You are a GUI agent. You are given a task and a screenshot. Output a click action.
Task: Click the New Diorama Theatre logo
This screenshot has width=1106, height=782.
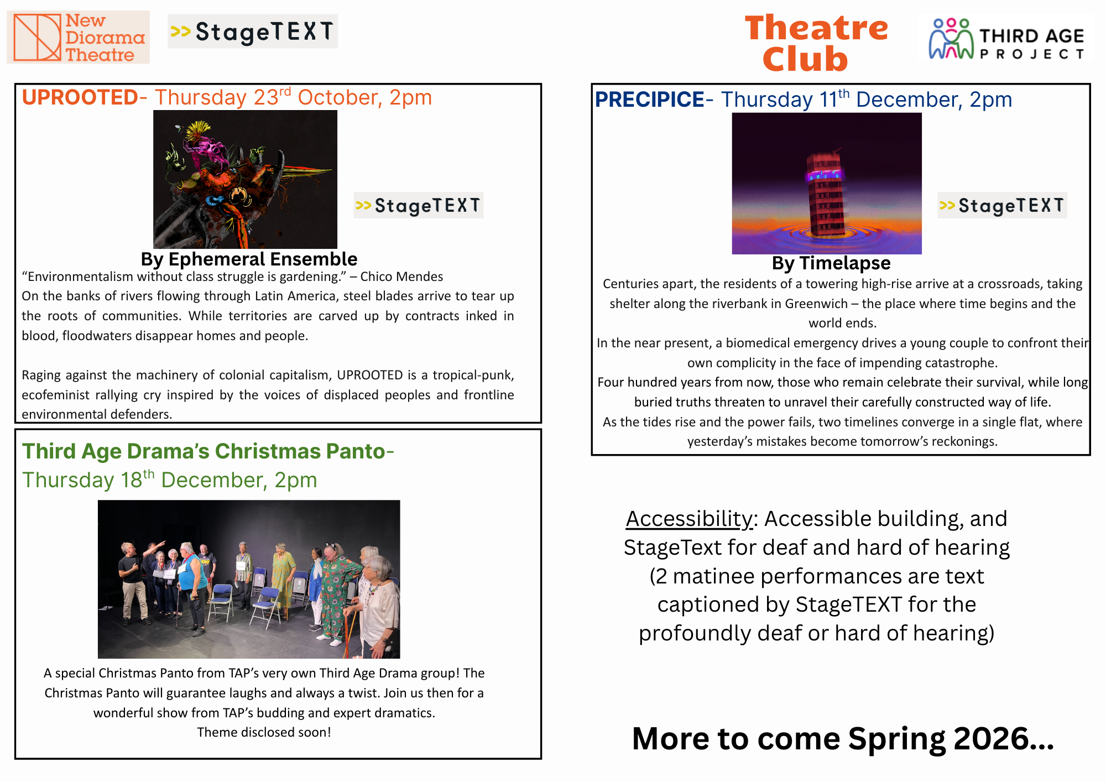point(78,37)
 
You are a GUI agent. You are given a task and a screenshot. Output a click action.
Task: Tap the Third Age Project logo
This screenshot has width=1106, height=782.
point(1006,38)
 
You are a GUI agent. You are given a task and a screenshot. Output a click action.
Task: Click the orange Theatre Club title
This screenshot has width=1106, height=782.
point(816,43)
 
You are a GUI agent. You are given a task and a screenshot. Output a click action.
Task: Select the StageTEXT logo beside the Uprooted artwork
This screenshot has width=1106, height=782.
point(419,205)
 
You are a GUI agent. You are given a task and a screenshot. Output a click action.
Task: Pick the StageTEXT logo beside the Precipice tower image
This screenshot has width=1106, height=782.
point(1002,205)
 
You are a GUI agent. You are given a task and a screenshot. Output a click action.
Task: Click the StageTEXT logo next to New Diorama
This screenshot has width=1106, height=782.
point(253,32)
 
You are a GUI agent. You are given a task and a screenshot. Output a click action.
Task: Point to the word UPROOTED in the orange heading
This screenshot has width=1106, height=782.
point(80,97)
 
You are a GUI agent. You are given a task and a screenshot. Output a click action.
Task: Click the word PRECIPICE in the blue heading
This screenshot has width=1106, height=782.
point(650,100)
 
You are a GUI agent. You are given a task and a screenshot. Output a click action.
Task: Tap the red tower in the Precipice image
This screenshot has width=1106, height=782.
point(826,193)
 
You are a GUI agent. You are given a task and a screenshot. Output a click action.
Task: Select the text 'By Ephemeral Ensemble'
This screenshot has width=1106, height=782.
point(249,259)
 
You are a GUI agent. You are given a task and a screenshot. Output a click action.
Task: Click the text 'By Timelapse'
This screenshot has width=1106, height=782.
point(831,263)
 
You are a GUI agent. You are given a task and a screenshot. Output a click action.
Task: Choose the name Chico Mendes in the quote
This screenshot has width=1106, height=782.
point(401,277)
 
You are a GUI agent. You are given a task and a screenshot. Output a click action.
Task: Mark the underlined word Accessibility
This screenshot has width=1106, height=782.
point(689,519)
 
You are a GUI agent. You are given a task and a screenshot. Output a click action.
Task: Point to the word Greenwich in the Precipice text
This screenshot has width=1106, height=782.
point(816,304)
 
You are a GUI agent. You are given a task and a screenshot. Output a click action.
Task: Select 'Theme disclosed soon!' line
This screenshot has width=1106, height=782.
point(264,732)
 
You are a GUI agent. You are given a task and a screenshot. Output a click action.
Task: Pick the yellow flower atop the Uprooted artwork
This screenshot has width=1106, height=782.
point(198,131)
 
